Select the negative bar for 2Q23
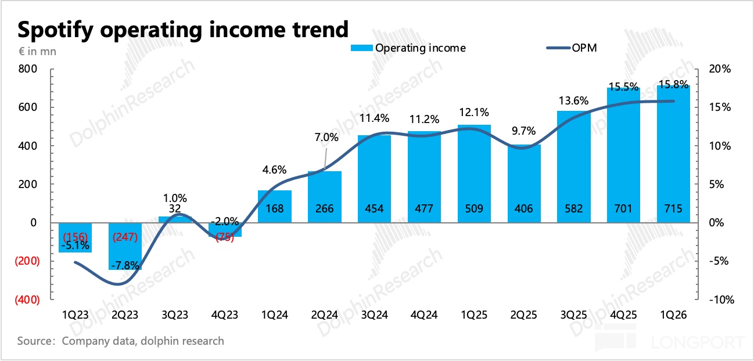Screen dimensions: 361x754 (125, 246)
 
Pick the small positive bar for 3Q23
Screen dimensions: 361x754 (175, 219)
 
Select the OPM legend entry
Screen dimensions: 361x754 (572, 48)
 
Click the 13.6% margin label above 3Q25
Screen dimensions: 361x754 (574, 100)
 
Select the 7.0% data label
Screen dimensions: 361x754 (326, 138)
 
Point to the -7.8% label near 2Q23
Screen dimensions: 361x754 (125, 265)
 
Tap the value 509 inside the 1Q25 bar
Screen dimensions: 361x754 (474, 208)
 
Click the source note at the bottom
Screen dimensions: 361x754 (120, 341)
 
